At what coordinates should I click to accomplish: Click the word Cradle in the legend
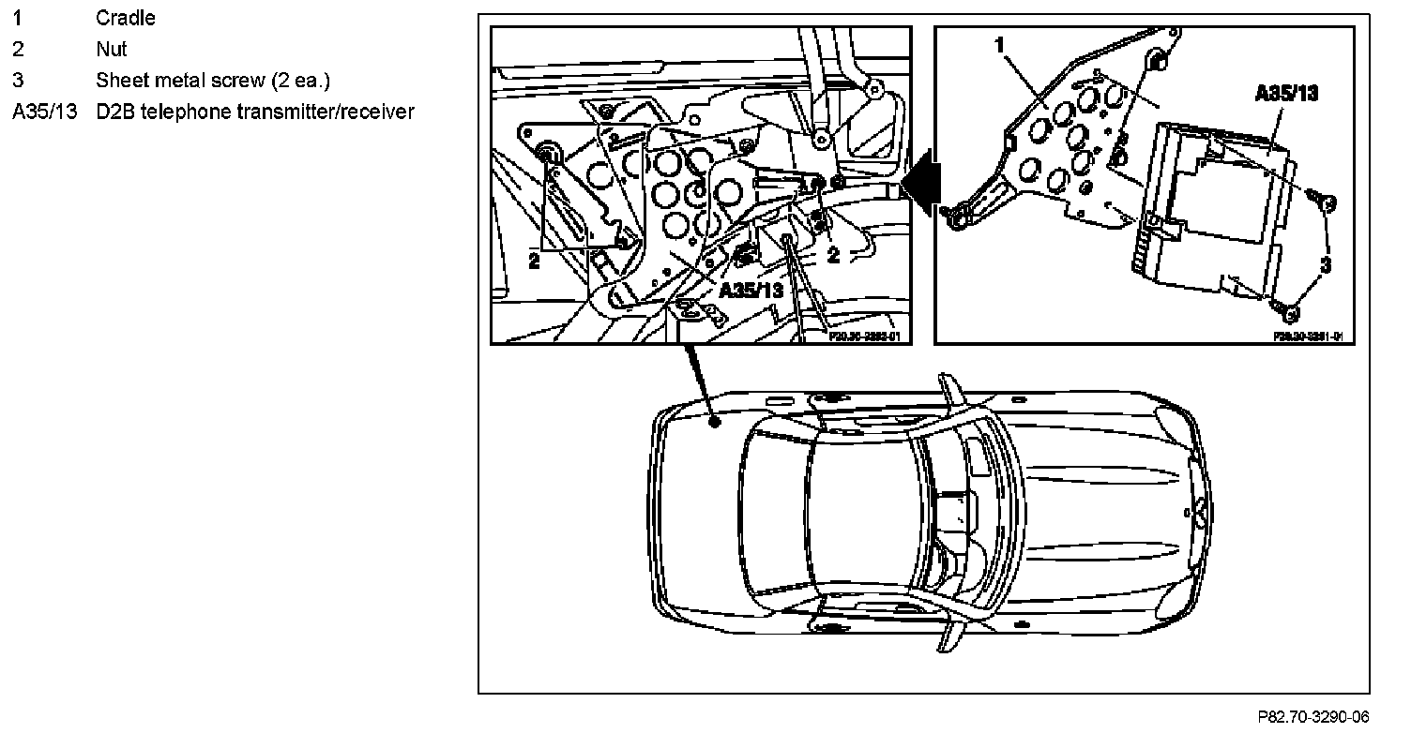tap(126, 18)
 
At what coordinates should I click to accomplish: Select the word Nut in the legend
tap(112, 49)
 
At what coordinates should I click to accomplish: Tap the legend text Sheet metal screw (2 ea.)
tap(212, 81)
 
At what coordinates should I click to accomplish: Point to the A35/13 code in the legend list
tap(43, 112)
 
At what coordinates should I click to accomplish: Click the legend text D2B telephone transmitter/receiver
tap(254, 112)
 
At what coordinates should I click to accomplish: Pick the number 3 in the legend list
tap(17, 81)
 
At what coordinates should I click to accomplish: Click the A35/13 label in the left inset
tap(751, 290)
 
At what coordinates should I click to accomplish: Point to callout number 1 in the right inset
tap(999, 44)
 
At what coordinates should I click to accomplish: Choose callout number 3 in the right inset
tap(1325, 266)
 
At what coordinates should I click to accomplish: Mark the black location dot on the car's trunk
tap(715, 422)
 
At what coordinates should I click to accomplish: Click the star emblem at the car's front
tap(1199, 513)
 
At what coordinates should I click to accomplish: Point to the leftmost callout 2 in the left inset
tap(534, 262)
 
